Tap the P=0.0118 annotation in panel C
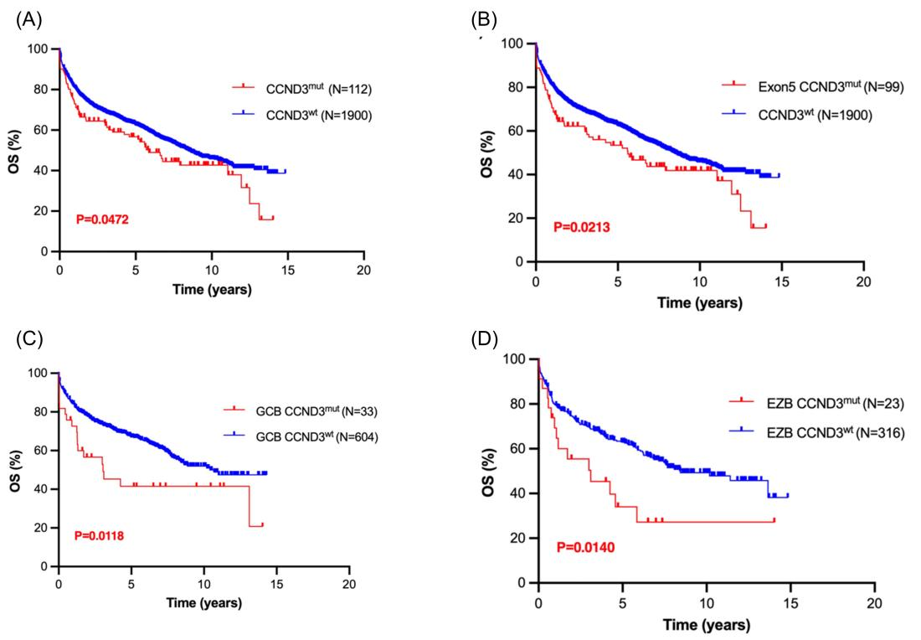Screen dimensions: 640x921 coord(104,535)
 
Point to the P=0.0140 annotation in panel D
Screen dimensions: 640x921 coord(588,547)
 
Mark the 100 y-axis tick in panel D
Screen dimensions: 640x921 coord(517,359)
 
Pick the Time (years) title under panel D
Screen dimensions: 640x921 coord(705,624)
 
